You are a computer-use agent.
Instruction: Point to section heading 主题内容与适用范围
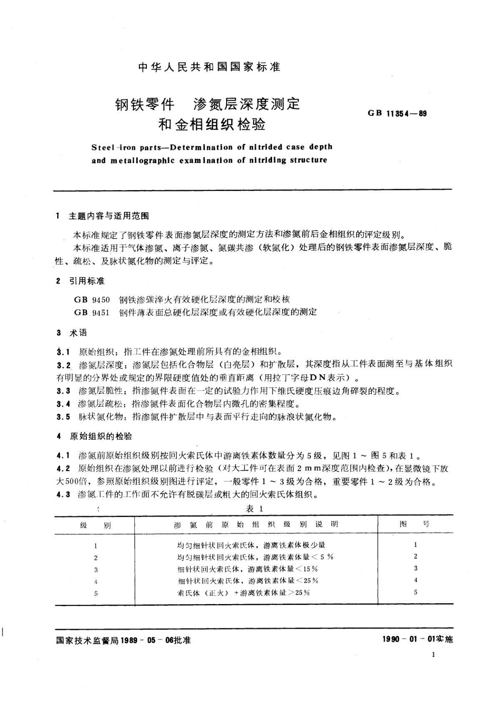pyautogui.click(x=109, y=216)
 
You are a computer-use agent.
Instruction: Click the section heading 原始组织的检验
pyautogui.click(x=101, y=436)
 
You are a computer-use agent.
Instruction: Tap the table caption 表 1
pyautogui.click(x=254, y=509)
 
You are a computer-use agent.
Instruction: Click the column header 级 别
pyautogui.click(x=96, y=525)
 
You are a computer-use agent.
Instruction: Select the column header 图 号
pyautogui.click(x=414, y=524)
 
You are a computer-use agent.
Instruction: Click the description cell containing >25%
pyautogui.click(x=243, y=592)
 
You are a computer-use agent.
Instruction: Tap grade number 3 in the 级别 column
pyautogui.click(x=96, y=569)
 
